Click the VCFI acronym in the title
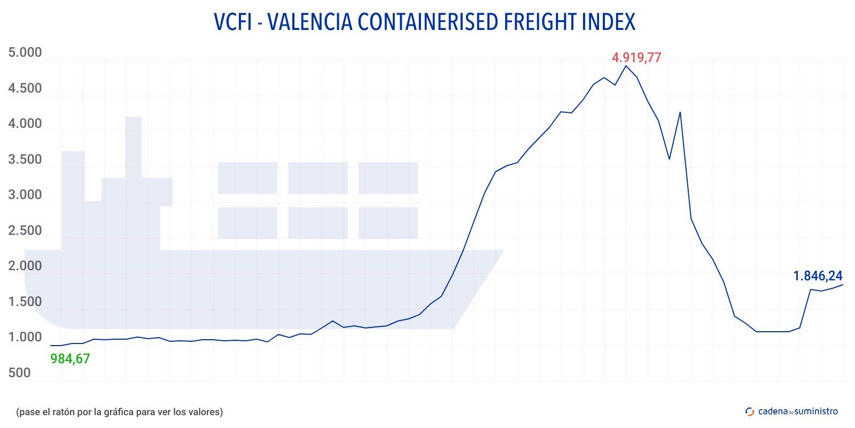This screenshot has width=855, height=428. tap(232, 22)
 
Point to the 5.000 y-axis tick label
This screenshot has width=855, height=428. tap(25, 52)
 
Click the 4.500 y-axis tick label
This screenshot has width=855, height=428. tap(25, 88)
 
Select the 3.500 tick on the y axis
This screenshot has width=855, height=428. tap(25, 159)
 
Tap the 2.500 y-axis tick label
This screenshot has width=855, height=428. tap(25, 231)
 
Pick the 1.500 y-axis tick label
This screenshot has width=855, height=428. tap(25, 302)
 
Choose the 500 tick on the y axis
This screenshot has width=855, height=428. tap(20, 373)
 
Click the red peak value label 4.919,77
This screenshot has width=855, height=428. tap(636, 57)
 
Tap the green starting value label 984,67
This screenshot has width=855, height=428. tap(70, 359)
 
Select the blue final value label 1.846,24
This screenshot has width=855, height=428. tap(818, 276)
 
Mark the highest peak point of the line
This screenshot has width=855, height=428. tap(626, 66)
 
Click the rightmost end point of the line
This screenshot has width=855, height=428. tap(843, 285)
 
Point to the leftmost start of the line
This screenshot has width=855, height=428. tap(50, 346)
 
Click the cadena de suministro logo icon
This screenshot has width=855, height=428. tap(750, 411)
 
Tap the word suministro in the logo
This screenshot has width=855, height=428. tap(816, 411)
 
